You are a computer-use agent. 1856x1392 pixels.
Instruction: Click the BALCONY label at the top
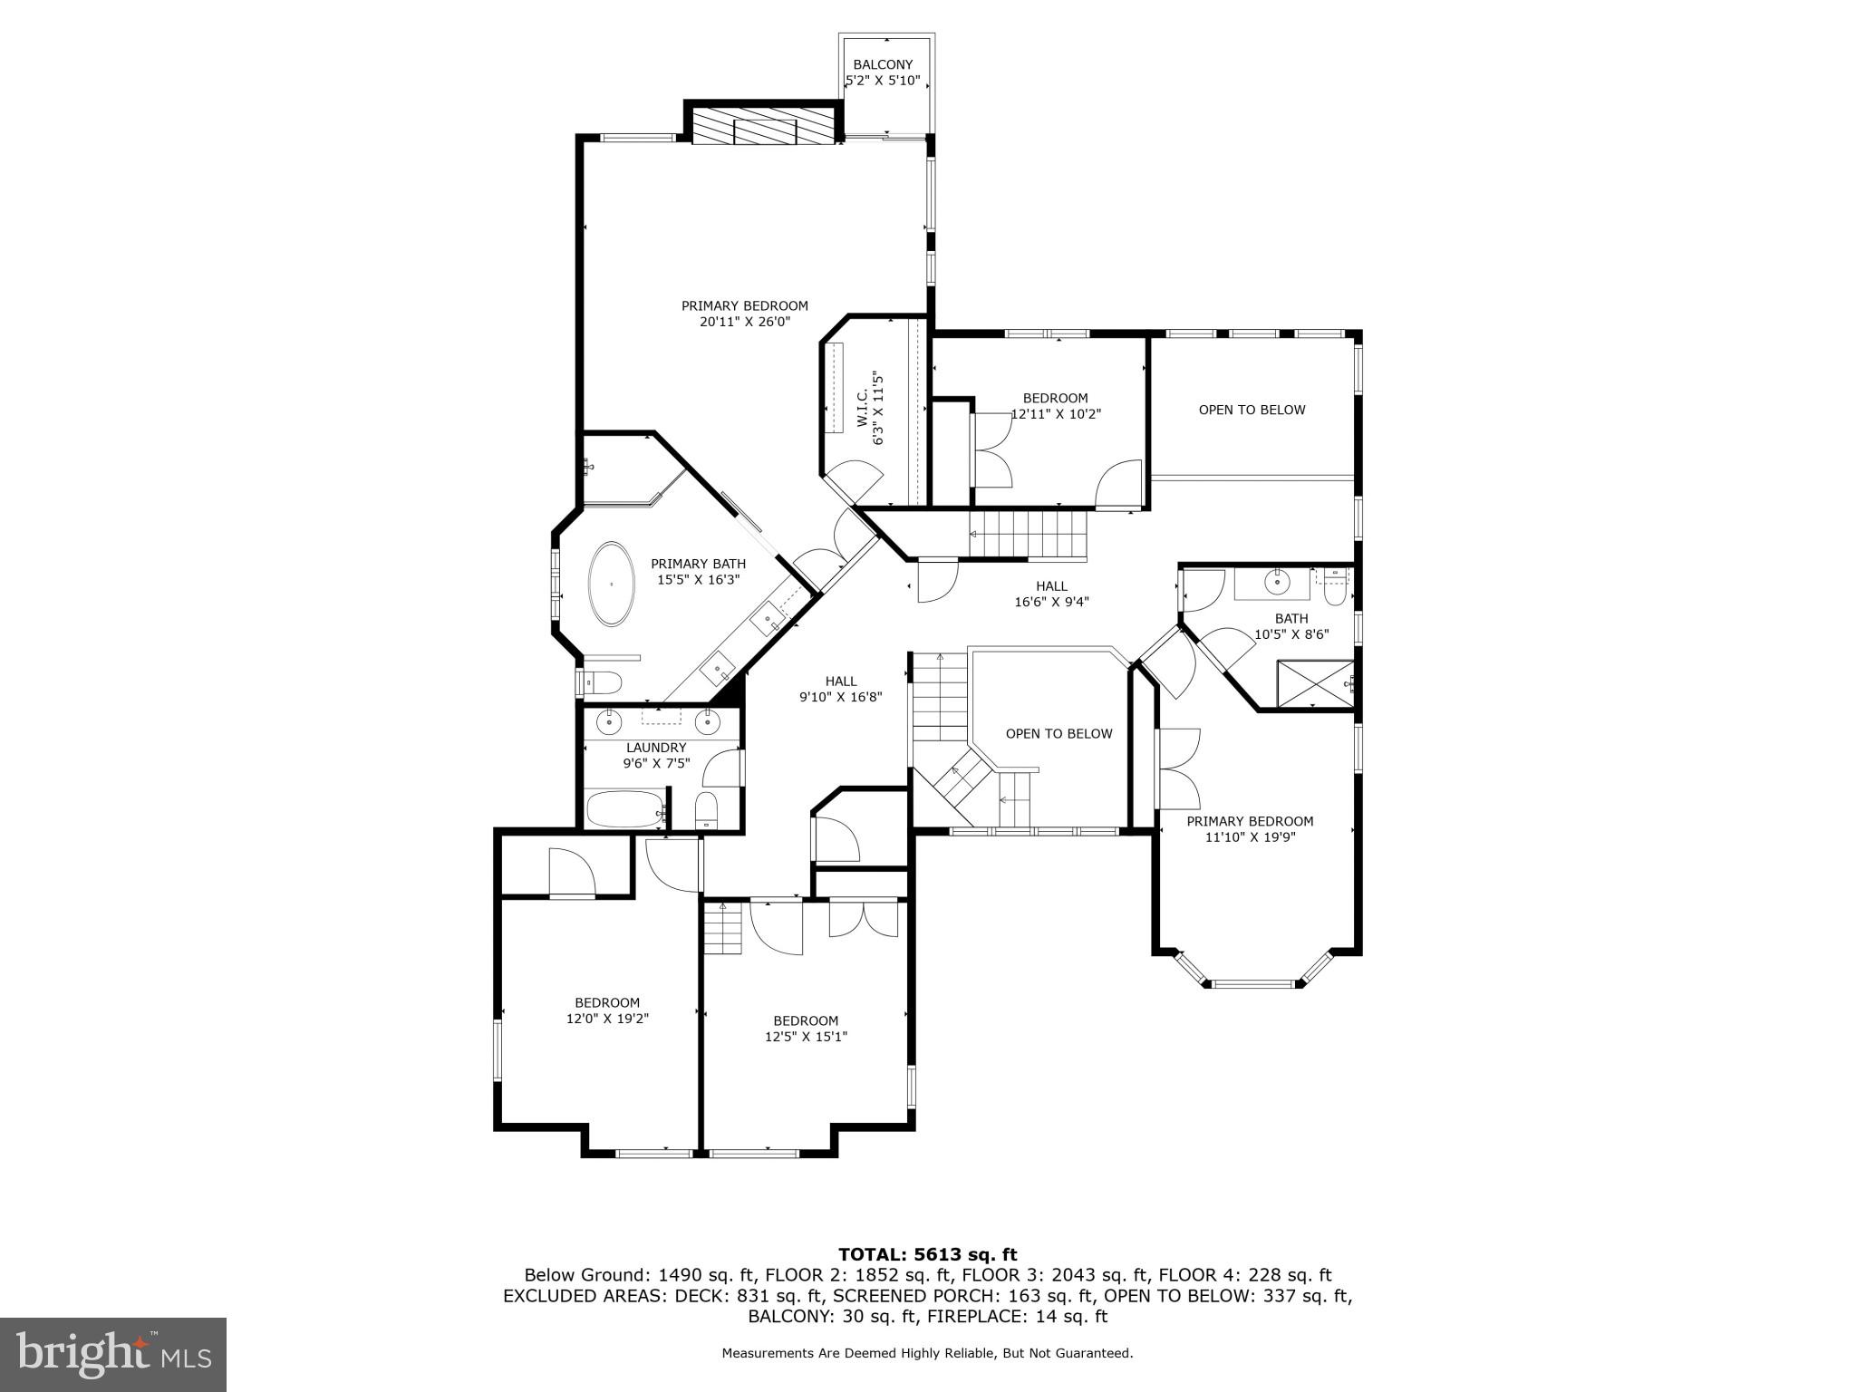coord(882,64)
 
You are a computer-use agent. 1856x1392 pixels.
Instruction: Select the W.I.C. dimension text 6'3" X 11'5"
coord(877,407)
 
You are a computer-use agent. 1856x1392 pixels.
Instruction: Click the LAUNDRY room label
coord(656,748)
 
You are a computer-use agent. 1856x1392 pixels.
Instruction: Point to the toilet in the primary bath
coord(603,681)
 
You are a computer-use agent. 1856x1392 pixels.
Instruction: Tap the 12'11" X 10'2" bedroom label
coord(1055,414)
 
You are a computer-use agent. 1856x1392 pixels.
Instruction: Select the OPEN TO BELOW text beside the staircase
coord(1058,734)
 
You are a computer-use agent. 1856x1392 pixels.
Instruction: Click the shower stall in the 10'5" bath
coord(1314,684)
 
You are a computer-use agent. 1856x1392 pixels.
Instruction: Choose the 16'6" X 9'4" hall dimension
coord(1051,601)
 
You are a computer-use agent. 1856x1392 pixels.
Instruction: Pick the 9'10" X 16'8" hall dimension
coord(840,697)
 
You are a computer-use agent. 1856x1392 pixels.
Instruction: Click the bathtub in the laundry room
coord(625,809)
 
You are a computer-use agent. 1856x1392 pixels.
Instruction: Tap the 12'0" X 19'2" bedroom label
coord(607,1019)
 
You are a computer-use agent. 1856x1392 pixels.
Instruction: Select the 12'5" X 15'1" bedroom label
coord(806,1037)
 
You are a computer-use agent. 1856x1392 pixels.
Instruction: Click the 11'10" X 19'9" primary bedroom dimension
coord(1250,837)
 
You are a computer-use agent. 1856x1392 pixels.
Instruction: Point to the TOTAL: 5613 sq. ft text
coord(927,1254)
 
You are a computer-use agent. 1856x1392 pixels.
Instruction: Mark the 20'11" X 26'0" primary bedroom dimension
coord(744,322)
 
